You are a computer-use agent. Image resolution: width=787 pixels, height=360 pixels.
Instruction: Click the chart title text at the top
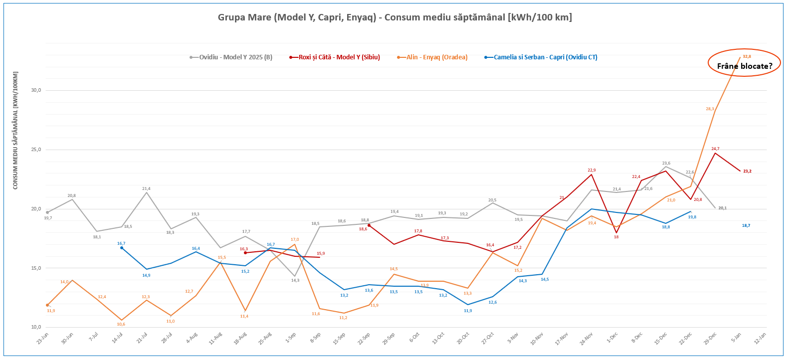tap(394, 17)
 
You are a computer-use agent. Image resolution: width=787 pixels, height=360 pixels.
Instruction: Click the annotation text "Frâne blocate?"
tap(744, 66)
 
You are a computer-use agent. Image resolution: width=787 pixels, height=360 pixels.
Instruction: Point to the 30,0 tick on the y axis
tap(36, 90)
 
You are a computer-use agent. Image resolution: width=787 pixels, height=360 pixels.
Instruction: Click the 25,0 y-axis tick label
tap(36, 150)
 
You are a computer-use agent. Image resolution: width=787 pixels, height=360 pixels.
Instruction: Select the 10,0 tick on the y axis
tap(36, 327)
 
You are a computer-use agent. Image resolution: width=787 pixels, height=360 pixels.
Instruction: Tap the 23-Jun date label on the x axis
tap(43, 339)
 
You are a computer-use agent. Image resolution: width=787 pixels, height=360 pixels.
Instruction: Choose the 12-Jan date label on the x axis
tap(760, 339)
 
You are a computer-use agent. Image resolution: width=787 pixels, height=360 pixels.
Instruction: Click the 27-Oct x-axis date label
tap(488, 339)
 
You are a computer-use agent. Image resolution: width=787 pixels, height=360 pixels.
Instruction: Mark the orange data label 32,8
tap(747, 57)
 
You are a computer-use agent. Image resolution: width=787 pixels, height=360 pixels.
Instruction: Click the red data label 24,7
tap(715, 149)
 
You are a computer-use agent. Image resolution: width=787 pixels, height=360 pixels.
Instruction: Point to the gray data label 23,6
tap(666, 163)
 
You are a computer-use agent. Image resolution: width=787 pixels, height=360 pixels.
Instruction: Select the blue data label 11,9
tap(468, 311)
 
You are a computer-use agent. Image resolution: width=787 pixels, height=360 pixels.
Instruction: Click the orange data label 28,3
tap(710, 109)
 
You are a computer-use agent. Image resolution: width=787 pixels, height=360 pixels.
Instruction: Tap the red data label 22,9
tap(591, 170)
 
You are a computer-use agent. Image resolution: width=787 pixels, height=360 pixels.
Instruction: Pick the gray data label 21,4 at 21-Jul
tap(146, 188)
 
